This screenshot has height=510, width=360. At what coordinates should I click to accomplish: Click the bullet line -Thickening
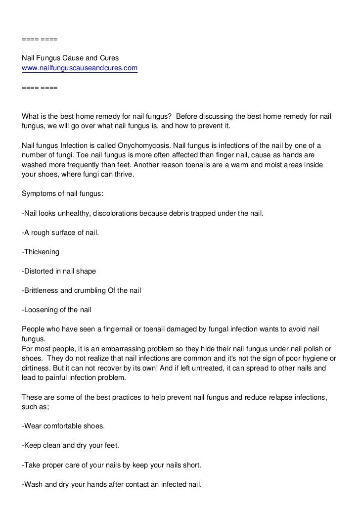coord(41,252)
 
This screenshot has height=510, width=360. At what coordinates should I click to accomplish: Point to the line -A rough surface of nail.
coord(60,232)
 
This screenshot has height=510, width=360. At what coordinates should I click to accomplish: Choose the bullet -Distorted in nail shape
coord(59,271)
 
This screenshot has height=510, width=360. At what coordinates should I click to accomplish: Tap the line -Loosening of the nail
coord(56,310)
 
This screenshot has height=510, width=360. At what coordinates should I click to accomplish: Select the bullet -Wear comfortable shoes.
coord(63,426)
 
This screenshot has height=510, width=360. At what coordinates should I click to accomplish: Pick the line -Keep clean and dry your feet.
coord(70,445)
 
